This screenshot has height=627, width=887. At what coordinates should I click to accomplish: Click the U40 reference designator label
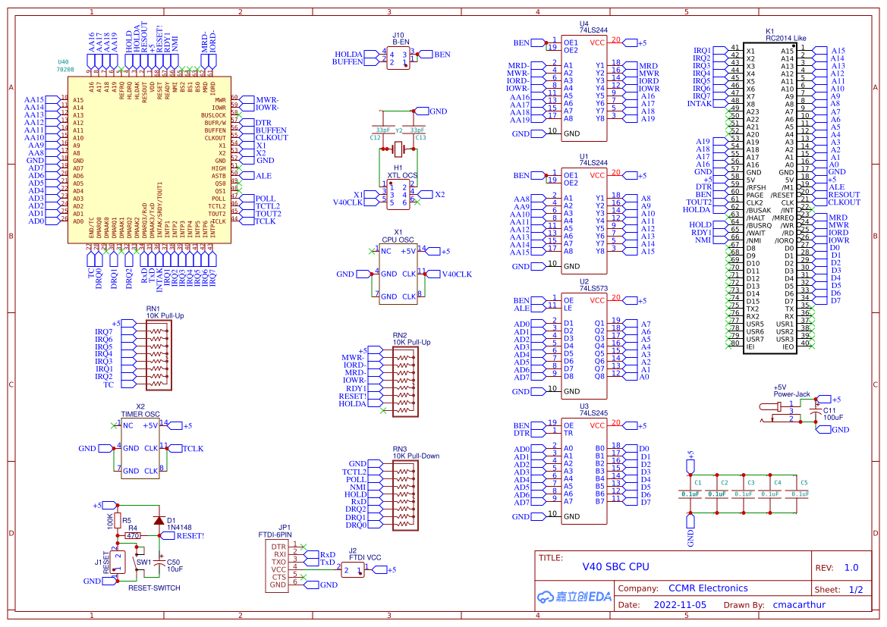[x=63, y=61]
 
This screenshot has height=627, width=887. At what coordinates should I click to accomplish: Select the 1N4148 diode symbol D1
[x=158, y=521]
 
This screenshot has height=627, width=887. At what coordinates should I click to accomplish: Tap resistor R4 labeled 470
[x=133, y=535]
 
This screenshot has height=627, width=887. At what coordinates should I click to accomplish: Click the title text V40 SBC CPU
[x=615, y=566]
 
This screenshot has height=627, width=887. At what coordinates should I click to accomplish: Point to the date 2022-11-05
[x=679, y=605]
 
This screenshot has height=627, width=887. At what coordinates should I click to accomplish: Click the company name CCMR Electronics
[x=707, y=588]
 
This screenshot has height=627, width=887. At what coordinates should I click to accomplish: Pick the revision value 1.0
[x=851, y=567]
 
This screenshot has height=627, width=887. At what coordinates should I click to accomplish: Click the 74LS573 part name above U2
[x=593, y=289]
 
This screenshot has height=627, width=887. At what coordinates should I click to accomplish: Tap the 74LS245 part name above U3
[x=593, y=414]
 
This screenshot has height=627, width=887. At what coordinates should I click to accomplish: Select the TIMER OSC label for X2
[x=140, y=414]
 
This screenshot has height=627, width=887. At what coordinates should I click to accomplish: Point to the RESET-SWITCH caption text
[x=154, y=588]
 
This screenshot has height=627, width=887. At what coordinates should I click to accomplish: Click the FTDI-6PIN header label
[x=274, y=534]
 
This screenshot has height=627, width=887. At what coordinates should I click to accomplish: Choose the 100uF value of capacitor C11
[x=833, y=417]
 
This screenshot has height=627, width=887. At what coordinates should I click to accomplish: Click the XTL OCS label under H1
[x=402, y=175]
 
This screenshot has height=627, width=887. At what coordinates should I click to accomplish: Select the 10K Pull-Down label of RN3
[x=416, y=456]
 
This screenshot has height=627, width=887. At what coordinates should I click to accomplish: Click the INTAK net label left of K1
[x=699, y=104]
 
